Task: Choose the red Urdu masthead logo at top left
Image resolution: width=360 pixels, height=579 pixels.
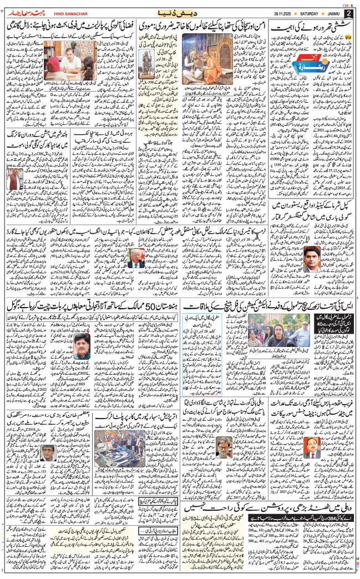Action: pyautogui.click(x=21, y=12)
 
